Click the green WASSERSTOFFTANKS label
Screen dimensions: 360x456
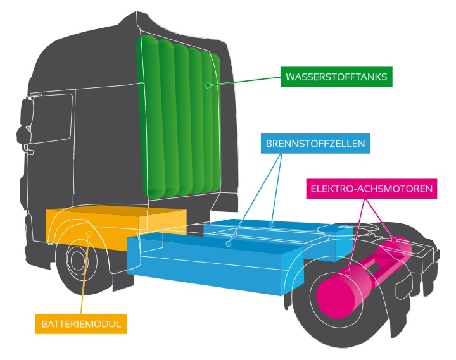pos(336,78)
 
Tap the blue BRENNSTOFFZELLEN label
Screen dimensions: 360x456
pos(314,144)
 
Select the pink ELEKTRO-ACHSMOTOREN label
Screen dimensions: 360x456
pos(371,189)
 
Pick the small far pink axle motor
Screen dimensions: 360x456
pos(399,247)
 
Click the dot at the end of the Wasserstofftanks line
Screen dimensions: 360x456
pos(206,84)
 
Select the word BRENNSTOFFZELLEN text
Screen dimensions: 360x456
pos(314,144)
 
